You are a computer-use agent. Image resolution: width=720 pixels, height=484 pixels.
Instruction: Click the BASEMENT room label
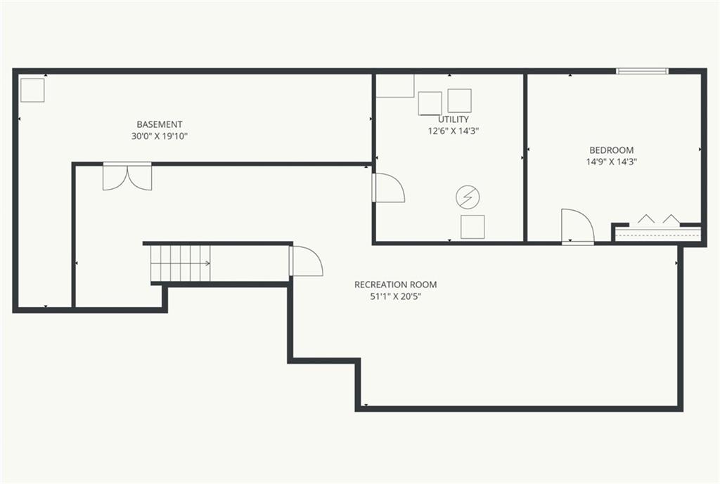(160, 124)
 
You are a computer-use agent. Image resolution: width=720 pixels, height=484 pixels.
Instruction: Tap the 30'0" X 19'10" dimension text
(160, 136)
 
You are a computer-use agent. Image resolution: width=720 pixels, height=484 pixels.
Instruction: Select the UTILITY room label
(454, 119)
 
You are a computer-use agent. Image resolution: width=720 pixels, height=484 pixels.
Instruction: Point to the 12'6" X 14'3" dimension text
(454, 131)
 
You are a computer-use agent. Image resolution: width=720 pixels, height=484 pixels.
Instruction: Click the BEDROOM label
(611, 150)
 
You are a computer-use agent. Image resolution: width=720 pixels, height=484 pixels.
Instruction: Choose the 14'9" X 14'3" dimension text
(611, 162)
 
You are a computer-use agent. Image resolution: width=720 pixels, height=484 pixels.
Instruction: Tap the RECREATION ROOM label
(395, 284)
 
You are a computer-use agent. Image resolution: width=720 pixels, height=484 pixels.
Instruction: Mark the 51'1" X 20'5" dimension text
(395, 296)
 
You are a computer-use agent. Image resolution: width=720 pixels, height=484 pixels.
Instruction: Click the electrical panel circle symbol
(468, 197)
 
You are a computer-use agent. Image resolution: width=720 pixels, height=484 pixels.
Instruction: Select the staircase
(181, 263)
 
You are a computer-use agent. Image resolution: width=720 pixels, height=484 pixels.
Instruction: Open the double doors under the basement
(127, 176)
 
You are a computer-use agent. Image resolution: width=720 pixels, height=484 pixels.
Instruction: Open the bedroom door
(578, 226)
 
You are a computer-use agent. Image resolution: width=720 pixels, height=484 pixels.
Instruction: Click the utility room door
(388, 188)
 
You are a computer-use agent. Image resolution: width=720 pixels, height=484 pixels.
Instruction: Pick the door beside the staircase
(306, 261)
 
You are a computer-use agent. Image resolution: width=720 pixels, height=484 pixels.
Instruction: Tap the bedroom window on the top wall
(642, 71)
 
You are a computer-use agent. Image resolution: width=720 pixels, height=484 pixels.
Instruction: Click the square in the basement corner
(32, 90)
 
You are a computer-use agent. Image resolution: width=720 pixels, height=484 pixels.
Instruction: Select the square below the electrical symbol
(472, 227)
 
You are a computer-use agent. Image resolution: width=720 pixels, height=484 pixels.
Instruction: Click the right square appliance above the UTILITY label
(460, 100)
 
